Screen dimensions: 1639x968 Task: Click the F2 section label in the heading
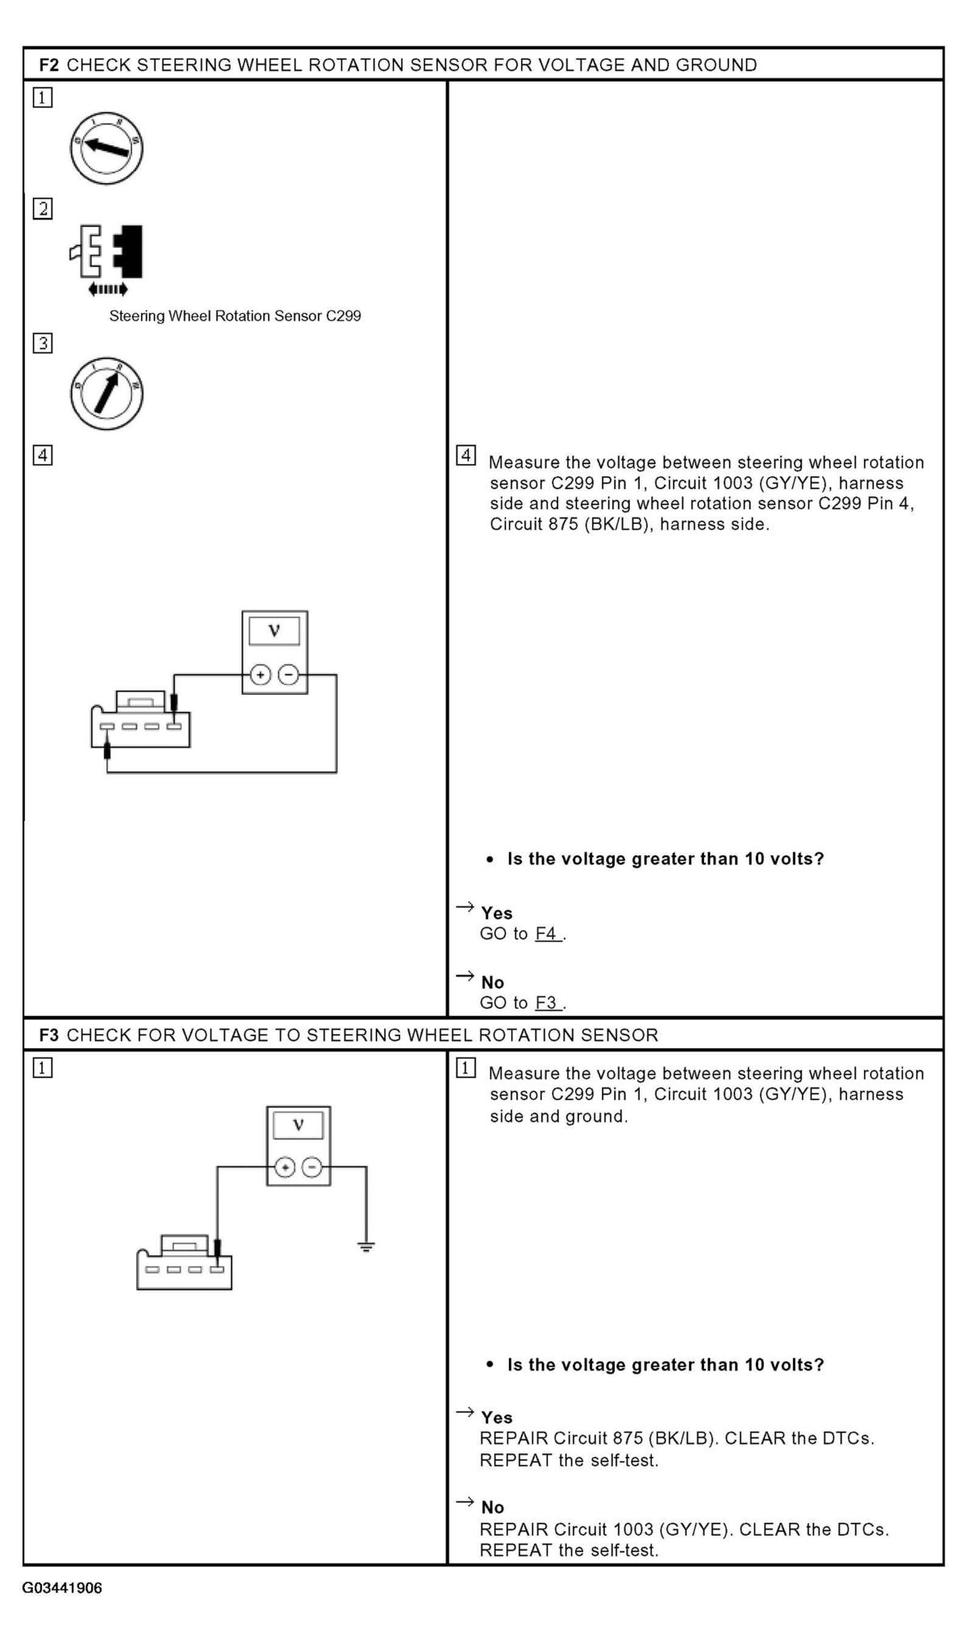[x=48, y=65]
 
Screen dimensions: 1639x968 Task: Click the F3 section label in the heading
[x=48, y=1035]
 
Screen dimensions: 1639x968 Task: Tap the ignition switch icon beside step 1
[x=106, y=148]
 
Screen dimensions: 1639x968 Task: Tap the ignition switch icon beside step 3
[x=106, y=395]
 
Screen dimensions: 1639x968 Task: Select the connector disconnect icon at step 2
[x=107, y=258]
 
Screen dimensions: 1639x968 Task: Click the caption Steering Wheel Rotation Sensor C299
[x=235, y=316]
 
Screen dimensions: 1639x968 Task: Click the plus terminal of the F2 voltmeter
[x=260, y=675]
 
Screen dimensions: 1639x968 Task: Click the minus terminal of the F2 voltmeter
[x=288, y=675]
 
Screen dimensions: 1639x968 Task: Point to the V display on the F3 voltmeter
[x=298, y=1125]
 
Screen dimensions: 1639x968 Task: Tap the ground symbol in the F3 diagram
[x=366, y=1247]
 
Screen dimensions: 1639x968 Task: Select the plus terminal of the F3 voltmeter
[x=284, y=1167]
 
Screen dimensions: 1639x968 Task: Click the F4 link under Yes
[x=547, y=934]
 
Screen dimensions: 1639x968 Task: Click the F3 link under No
[x=547, y=1003]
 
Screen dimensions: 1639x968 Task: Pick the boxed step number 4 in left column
[x=43, y=456]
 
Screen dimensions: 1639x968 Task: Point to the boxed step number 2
[x=43, y=209]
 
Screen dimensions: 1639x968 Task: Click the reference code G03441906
[x=62, y=1588]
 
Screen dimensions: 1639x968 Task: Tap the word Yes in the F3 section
[x=497, y=1417]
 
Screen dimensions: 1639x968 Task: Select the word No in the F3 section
[x=493, y=1507]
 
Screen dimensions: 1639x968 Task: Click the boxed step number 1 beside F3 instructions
[x=466, y=1068]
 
